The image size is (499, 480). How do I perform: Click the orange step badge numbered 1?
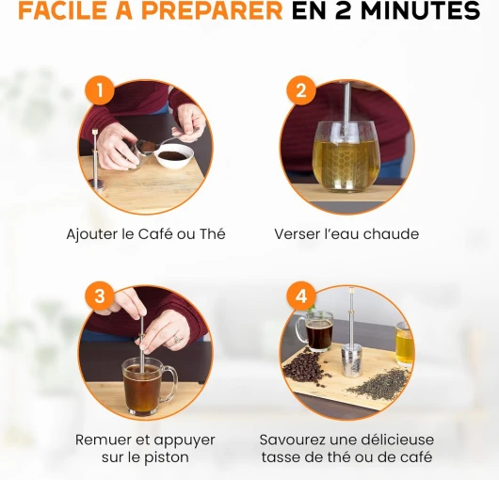point(100,90)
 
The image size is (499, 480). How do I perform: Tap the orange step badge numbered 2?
point(301,90)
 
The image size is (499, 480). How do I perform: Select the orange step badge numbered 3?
point(100,296)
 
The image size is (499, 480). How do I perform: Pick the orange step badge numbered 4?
point(301,296)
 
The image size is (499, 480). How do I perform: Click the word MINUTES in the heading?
point(421,10)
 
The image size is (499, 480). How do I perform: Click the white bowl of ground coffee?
point(174,156)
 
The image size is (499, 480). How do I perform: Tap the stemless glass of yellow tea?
point(346,157)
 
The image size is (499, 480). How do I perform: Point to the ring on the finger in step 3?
point(177,339)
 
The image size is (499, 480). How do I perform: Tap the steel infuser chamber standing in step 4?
point(352,362)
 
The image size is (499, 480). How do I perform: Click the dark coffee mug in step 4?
point(315,330)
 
